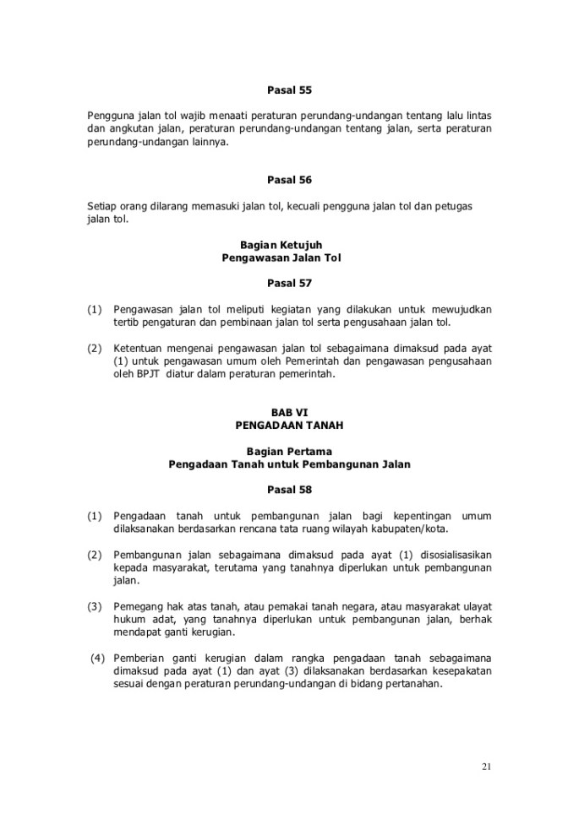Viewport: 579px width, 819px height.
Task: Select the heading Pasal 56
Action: pyautogui.click(x=289, y=179)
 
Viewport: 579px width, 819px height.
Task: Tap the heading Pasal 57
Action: pyautogui.click(x=289, y=284)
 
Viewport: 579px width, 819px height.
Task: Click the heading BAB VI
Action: pyautogui.click(x=289, y=413)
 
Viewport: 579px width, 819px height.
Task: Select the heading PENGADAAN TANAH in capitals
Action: pyautogui.click(x=289, y=426)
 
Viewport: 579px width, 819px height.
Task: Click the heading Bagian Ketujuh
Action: pyautogui.click(x=289, y=244)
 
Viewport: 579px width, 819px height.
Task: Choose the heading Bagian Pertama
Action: pyautogui.click(x=289, y=451)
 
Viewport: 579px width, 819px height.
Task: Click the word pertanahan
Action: pyautogui.click(x=412, y=685)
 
